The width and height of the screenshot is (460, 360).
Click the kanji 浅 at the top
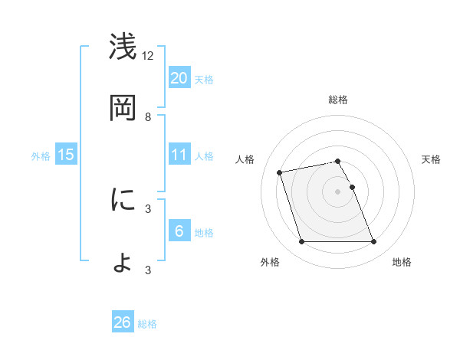click(123, 47)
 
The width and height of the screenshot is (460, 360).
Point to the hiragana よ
click(123, 262)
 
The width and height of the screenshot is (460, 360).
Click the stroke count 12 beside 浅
click(148, 55)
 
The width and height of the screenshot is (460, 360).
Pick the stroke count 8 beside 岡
click(148, 116)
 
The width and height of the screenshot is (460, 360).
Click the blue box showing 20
click(179, 77)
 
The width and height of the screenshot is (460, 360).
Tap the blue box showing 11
click(179, 155)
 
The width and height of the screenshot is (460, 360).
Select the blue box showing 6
click(179, 231)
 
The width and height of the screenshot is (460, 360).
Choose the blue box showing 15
click(66, 155)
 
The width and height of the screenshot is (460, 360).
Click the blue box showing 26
click(123, 322)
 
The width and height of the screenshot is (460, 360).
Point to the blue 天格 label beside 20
click(204, 79)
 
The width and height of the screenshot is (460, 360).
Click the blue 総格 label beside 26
click(147, 324)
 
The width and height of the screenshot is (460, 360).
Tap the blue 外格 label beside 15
click(41, 156)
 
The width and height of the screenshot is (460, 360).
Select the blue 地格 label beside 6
click(204, 233)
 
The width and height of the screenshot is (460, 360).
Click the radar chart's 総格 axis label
click(338, 100)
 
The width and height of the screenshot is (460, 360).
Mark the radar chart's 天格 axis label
click(431, 159)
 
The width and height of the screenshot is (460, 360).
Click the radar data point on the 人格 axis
click(280, 172)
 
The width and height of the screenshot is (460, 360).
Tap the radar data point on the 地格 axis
click(373, 242)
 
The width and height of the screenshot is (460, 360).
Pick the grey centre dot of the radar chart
click(338, 191)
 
